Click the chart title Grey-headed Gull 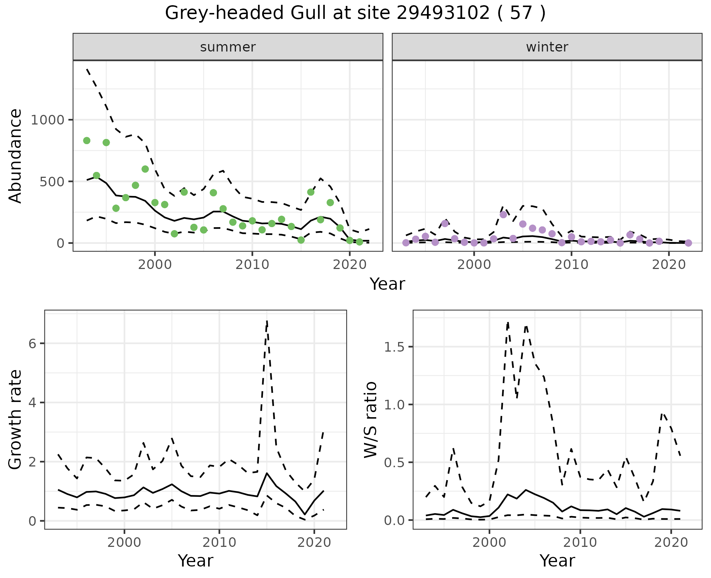click(x=355, y=13)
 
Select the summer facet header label click(x=228, y=47)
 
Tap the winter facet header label click(x=547, y=47)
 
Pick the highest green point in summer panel click(x=87, y=140)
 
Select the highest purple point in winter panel click(x=503, y=215)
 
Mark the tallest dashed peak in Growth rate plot click(x=267, y=321)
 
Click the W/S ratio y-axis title click(x=370, y=419)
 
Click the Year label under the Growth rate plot click(x=196, y=561)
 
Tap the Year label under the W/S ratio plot click(x=557, y=561)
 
